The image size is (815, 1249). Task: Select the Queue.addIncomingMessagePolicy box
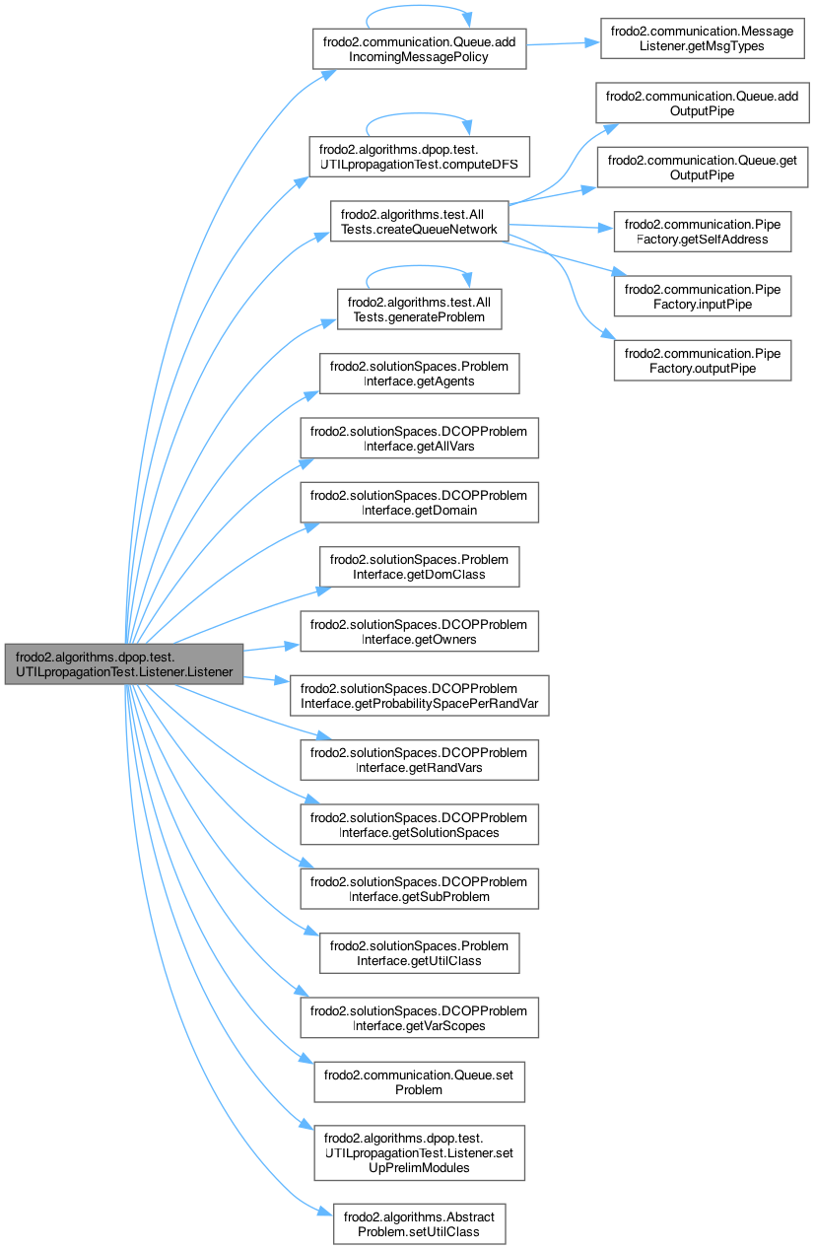(x=419, y=48)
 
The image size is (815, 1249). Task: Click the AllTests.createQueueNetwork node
(x=419, y=222)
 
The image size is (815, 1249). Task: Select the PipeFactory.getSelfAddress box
(x=702, y=230)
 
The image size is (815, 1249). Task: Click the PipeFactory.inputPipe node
(x=702, y=295)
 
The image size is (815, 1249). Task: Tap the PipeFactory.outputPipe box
(x=702, y=360)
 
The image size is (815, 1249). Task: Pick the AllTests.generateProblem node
(x=419, y=307)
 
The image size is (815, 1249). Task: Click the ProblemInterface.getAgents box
(x=419, y=374)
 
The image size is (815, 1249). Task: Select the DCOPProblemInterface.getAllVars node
(x=419, y=438)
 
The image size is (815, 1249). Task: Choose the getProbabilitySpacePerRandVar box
(x=419, y=695)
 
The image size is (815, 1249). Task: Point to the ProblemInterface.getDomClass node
(x=419, y=566)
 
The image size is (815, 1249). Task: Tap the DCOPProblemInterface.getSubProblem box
(x=419, y=888)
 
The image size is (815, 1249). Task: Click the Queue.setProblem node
(x=419, y=1081)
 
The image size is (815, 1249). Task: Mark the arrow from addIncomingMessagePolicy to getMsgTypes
(x=562, y=43)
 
